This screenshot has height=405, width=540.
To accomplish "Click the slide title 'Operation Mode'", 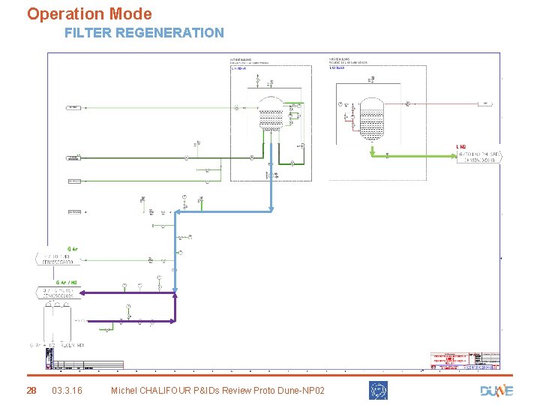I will point(89,14).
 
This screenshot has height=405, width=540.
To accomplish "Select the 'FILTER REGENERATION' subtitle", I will point(144,33).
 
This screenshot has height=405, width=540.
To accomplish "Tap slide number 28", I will point(31,391).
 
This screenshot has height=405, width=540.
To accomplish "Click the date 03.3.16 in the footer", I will point(67,391).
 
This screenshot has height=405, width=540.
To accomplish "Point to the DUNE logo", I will point(496,390).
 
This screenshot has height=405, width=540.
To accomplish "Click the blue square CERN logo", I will point(378,390).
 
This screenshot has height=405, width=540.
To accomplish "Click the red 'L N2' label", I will point(461,146).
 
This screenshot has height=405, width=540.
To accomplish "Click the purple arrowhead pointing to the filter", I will point(82,292).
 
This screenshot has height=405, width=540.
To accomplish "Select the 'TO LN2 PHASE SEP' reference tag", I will point(479,156).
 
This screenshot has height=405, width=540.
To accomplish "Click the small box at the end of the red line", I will point(486,103).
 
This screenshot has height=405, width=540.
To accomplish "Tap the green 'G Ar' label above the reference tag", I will point(73,248).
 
